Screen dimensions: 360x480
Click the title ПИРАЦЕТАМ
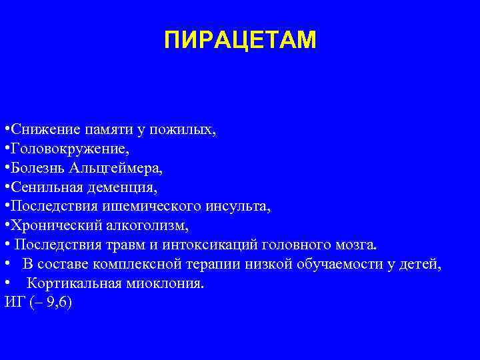click(x=240, y=41)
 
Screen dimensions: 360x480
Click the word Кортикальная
click(x=73, y=283)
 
